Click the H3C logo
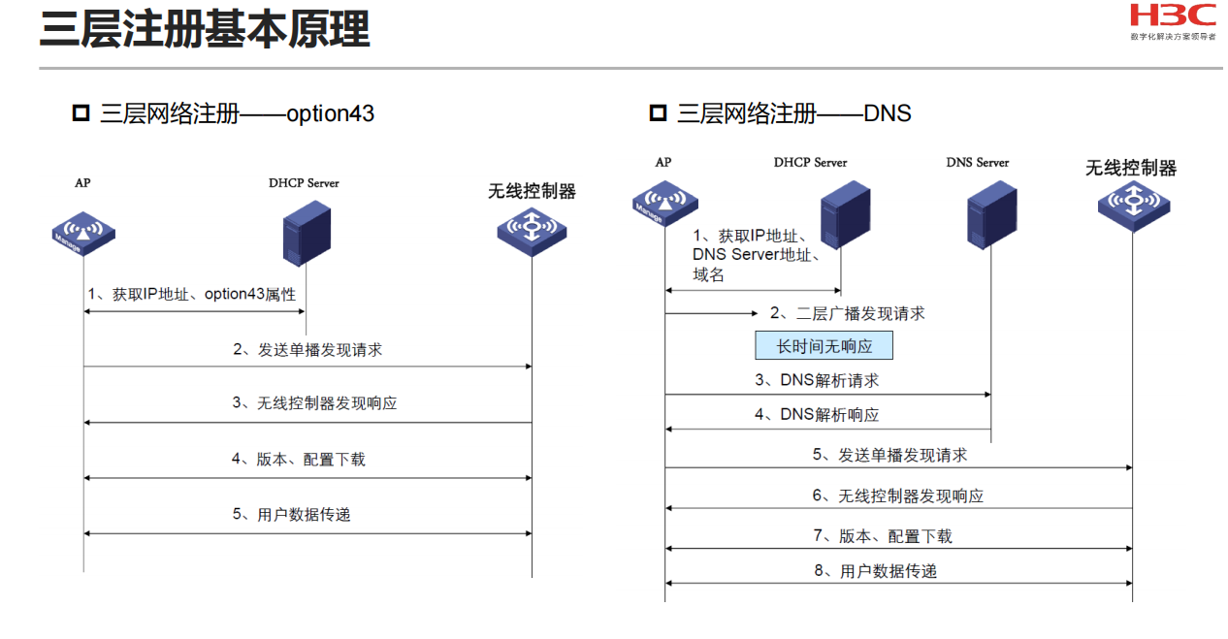(x=1172, y=16)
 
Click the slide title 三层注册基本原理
(x=205, y=30)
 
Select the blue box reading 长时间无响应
(x=824, y=346)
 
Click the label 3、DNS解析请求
(x=817, y=381)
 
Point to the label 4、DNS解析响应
(x=817, y=415)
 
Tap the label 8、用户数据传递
(x=875, y=571)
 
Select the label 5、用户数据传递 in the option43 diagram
(x=291, y=515)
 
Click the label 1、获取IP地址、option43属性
(x=192, y=294)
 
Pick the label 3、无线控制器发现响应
(x=314, y=403)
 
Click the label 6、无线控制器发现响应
(x=897, y=496)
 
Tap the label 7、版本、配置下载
(x=882, y=536)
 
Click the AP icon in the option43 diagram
(x=83, y=233)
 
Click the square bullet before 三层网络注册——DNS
(x=658, y=113)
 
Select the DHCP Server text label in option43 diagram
(x=304, y=182)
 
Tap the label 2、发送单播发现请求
(x=307, y=350)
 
